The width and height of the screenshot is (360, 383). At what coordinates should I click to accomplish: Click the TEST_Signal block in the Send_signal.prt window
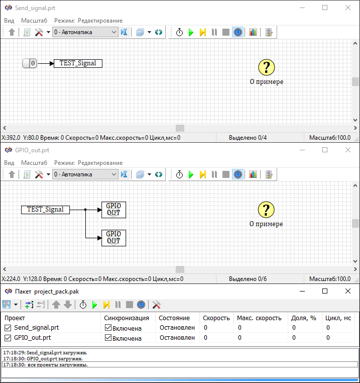coord(78,63)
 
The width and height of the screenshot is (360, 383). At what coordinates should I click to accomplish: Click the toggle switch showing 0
coord(30,63)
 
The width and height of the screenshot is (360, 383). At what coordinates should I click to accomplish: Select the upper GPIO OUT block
coord(114,210)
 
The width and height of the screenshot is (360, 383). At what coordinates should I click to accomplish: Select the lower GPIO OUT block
coord(114,238)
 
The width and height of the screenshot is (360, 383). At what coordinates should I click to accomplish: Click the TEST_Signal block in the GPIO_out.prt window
coord(45,210)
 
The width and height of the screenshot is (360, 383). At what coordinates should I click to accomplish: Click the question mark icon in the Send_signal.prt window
coord(267,67)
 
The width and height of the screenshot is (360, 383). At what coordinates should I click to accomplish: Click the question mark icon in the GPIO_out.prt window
coord(266,210)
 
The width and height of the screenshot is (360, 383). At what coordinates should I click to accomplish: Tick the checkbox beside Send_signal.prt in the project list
coord(8,328)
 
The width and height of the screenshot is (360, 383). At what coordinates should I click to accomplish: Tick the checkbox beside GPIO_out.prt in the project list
coord(8,338)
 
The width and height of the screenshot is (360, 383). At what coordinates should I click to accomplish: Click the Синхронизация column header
coord(127,318)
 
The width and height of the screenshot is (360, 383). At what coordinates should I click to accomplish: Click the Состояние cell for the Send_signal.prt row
coord(177,328)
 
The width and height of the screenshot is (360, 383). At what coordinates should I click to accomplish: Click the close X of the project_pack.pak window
coord(348,291)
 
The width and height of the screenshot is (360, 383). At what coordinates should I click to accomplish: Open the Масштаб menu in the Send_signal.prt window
coord(34,21)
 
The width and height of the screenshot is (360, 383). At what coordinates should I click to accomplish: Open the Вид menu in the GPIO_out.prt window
coord(9,163)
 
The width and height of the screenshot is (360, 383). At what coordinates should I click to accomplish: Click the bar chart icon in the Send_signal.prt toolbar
coord(253,32)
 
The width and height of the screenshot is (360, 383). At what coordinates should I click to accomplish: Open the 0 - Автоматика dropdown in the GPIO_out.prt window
coord(85,174)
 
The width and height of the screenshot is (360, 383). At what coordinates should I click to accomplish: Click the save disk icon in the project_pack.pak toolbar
coord(7,305)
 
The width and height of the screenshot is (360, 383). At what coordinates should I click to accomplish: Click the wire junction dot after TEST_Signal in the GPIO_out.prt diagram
coord(85,210)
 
